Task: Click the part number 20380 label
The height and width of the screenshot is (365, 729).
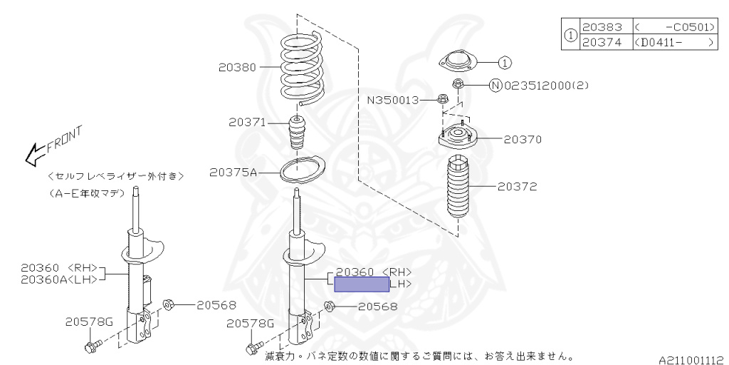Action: coord(236,68)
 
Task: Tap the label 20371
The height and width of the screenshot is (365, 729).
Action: coord(246,123)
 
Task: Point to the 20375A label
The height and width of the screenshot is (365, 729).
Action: coord(234,172)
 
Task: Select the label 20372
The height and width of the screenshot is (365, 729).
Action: coord(517,187)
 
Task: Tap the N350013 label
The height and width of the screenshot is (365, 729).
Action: coord(394,101)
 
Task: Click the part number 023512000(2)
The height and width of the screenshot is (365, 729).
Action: coord(546,86)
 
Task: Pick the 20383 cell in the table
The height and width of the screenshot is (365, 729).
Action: coord(602,27)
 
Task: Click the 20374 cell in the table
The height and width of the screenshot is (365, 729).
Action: coord(602,42)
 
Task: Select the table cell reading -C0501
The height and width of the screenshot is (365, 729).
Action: coord(673,27)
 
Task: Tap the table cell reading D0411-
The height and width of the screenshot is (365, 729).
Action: coord(673,42)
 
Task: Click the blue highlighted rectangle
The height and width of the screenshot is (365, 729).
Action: coord(362,284)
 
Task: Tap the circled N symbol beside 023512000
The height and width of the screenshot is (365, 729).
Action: coord(495,86)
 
